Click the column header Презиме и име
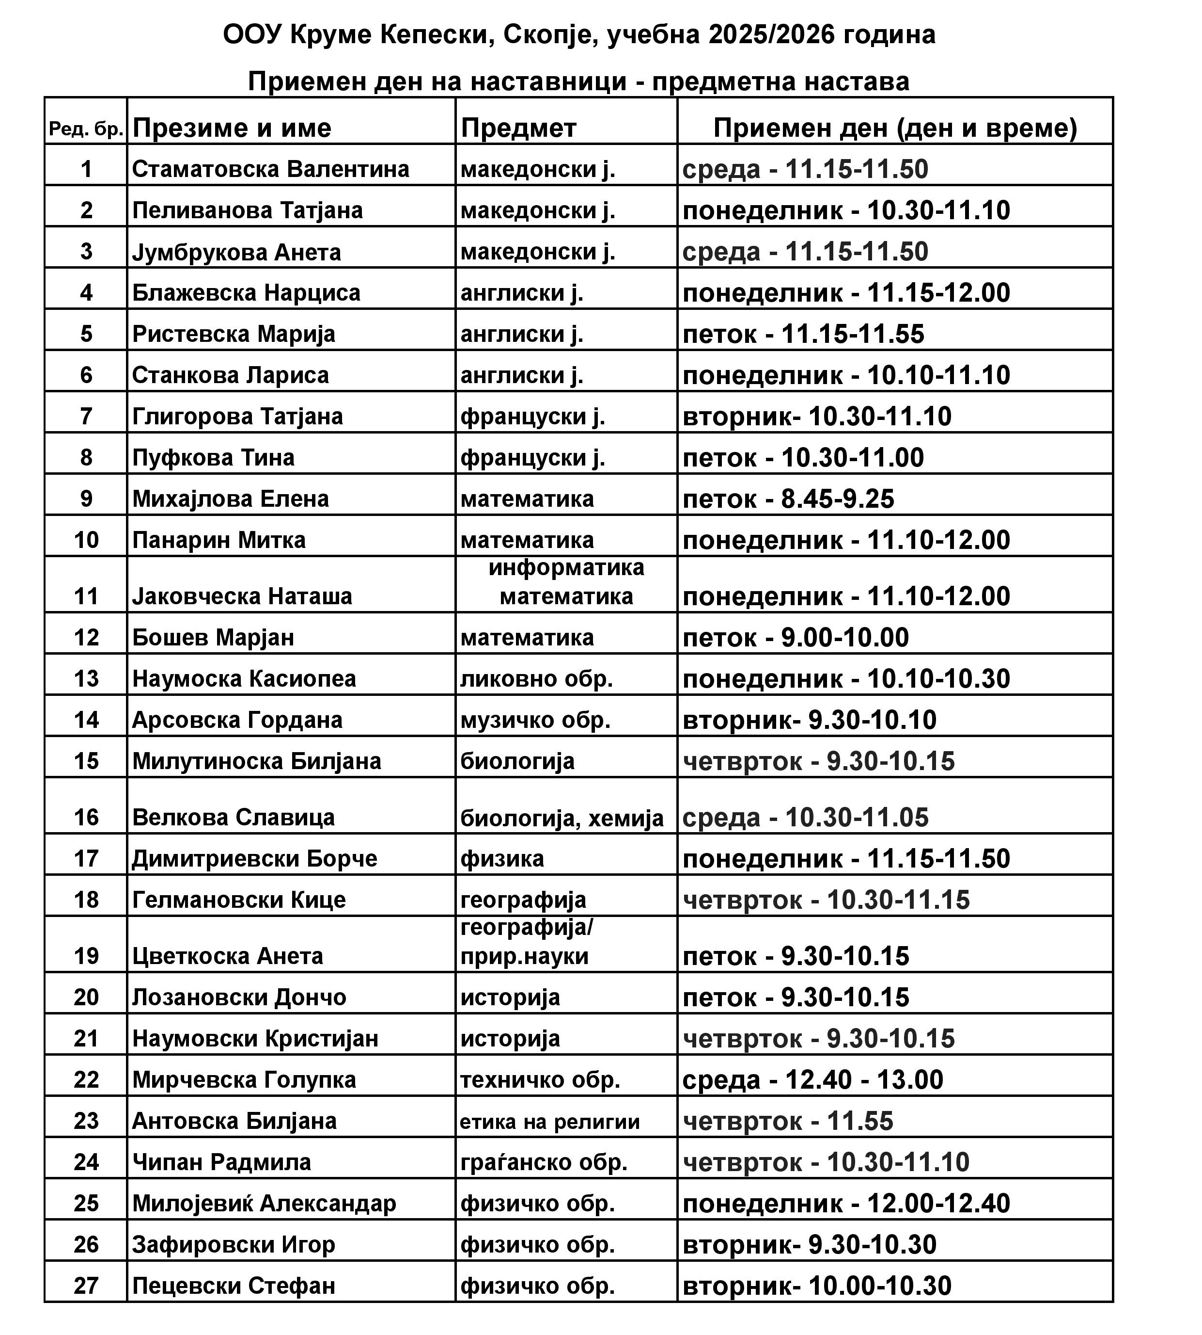(231, 128)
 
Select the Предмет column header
(518, 128)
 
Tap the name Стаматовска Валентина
(271, 169)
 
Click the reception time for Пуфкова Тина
(803, 457)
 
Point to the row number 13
(86, 679)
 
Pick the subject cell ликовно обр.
(537, 679)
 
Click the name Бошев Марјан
(213, 637)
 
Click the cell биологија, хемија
(562, 818)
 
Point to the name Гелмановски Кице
(239, 900)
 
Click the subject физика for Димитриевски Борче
(502, 859)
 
